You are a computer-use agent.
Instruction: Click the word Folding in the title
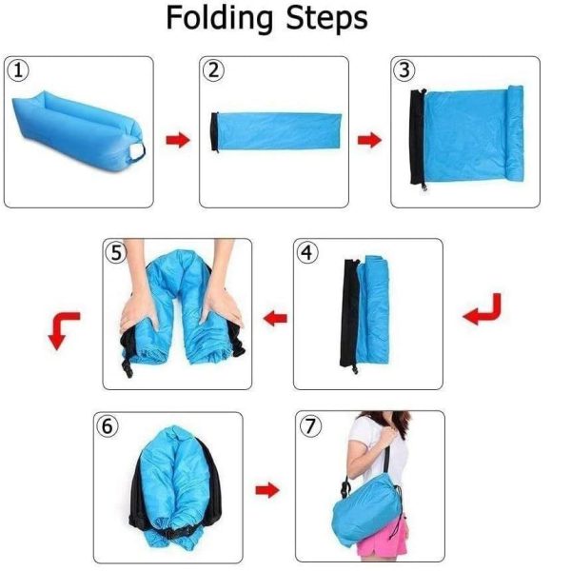tap(220, 19)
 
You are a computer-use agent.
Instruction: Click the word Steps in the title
tap(326, 17)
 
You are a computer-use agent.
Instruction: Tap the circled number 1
tap(18, 70)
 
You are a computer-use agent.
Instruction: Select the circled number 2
tap(213, 70)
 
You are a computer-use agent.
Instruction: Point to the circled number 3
tap(404, 69)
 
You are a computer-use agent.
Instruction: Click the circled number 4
tap(307, 252)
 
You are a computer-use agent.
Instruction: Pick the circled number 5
tap(116, 252)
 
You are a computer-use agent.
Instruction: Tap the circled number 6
tap(107, 425)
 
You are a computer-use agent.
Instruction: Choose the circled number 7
tap(310, 425)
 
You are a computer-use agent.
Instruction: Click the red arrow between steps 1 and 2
tap(178, 140)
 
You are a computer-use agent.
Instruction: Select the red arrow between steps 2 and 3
tap(369, 140)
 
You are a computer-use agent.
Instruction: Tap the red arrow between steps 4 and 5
tap(275, 319)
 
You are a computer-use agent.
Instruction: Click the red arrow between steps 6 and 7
tap(267, 490)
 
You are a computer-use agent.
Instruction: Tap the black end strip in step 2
tap(214, 132)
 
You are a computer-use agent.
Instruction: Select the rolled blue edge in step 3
tap(514, 131)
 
